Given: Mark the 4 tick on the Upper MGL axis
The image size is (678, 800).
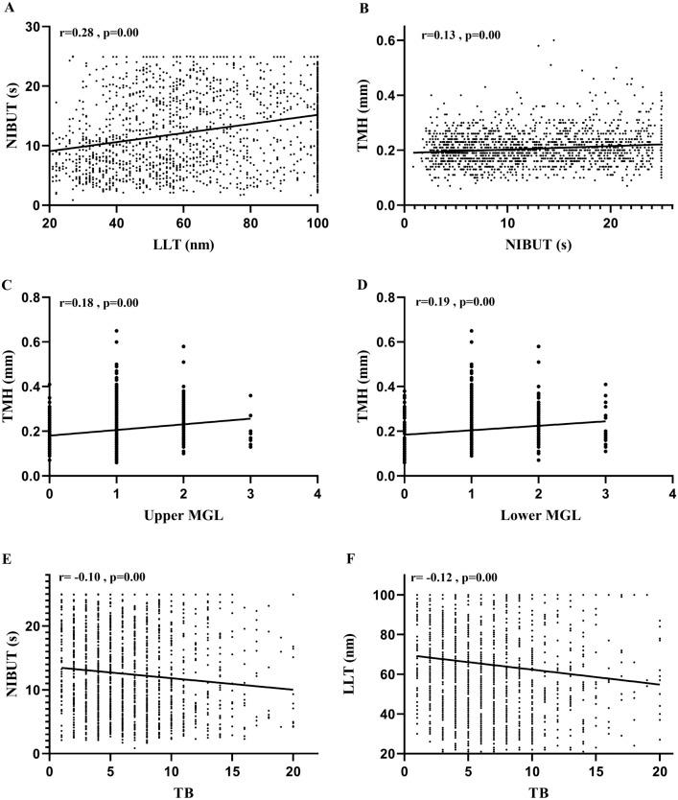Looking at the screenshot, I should pyautogui.click(x=316, y=494).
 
